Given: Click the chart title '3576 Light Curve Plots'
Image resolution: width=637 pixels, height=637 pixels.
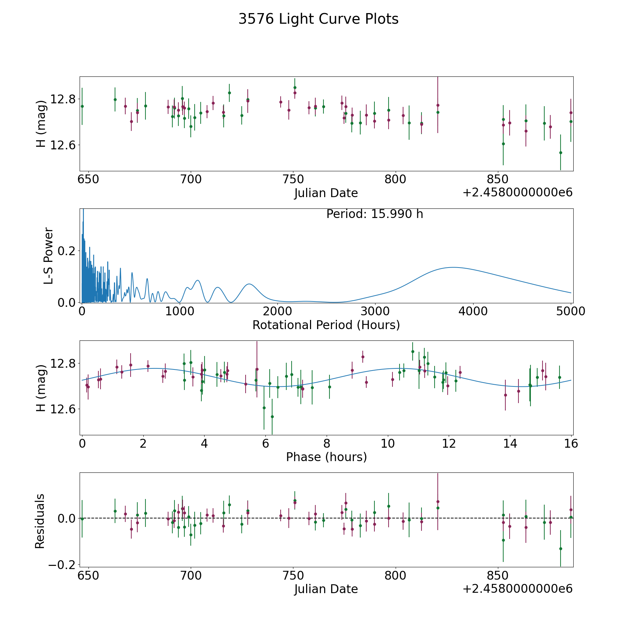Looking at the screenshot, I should (x=318, y=19).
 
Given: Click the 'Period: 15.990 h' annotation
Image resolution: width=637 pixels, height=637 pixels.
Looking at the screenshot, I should (x=374, y=214).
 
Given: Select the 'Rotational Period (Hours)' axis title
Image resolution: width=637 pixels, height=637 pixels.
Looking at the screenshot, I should (x=326, y=325).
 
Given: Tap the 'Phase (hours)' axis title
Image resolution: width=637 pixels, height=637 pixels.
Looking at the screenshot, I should (x=326, y=457).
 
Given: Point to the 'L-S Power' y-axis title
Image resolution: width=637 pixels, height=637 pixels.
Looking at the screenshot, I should (x=48, y=256).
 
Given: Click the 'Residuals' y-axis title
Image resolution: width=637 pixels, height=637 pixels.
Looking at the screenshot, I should (x=40, y=521).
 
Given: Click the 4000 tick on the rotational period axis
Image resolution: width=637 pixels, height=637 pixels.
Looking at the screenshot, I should (x=472, y=311).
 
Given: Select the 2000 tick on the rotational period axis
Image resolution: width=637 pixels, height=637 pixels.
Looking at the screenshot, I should (x=277, y=311).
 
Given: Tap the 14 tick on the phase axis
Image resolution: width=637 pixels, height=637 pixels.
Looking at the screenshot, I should (x=510, y=443).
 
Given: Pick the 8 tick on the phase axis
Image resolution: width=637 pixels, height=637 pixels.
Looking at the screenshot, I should (x=327, y=443).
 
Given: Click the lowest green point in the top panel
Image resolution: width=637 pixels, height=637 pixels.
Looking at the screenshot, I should (x=561, y=153).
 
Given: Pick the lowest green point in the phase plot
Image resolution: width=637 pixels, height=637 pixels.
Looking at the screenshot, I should (x=272, y=417).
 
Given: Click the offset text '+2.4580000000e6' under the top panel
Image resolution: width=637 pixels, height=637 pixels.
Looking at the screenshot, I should (x=517, y=193).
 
